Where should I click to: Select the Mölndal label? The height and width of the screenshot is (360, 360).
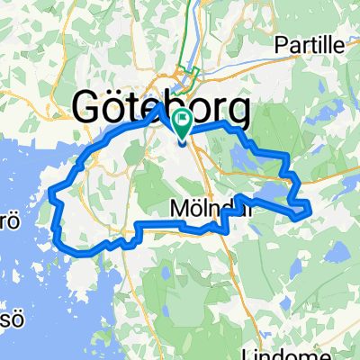point(207,208)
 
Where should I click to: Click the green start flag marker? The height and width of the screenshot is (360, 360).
point(183,121)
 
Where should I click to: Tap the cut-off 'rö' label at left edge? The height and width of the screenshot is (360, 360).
point(7,220)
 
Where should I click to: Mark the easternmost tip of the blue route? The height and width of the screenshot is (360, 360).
point(310,209)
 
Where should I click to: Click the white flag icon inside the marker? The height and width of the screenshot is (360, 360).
point(183,117)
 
